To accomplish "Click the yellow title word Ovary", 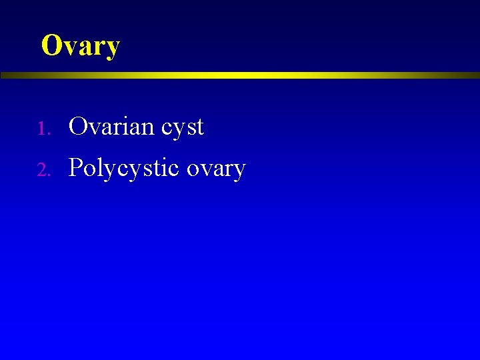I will point(80,46).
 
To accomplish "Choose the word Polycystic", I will point(124,168).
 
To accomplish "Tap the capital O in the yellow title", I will point(51,45).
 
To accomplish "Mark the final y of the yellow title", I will point(112,49).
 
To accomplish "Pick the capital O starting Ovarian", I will point(77,126).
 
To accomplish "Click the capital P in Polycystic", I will point(75,167).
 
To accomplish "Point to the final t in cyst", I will point(199,127).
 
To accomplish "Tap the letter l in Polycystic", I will point(98,167).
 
